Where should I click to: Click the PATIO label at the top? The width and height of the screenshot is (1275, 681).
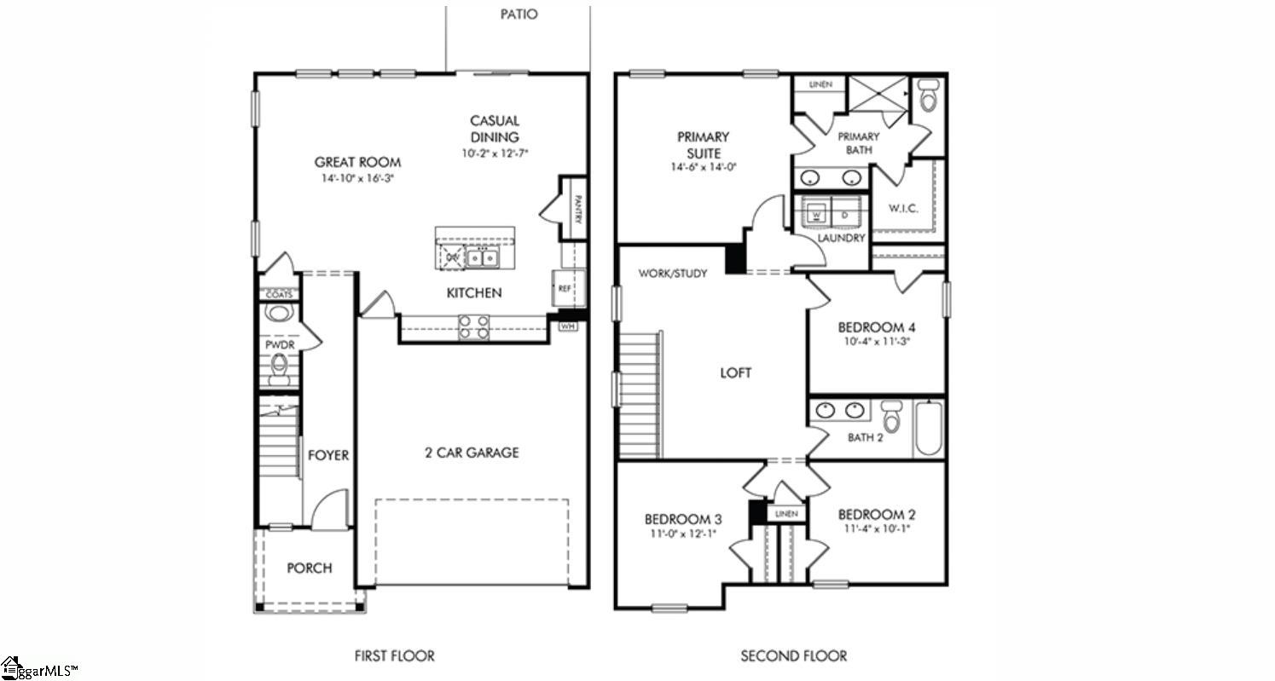[x=519, y=14]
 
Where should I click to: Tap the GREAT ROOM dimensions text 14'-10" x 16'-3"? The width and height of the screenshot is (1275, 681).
[x=357, y=179]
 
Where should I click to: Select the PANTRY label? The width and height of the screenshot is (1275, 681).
[x=577, y=209]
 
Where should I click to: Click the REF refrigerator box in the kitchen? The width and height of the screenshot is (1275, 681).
[x=564, y=288]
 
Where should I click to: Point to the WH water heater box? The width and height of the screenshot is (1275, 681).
[x=567, y=325]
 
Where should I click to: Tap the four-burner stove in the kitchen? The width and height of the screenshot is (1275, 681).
[x=474, y=327]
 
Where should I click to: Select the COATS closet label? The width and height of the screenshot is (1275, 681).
[x=279, y=294]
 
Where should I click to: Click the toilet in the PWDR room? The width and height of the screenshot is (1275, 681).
[x=279, y=367]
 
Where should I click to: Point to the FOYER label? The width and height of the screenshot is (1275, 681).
[x=328, y=455]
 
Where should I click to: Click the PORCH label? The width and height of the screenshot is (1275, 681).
[x=309, y=568]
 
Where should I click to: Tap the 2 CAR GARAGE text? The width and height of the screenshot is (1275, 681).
[x=472, y=453]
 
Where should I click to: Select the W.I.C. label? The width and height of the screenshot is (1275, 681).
[x=903, y=209]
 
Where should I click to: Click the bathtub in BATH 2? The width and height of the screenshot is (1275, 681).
[x=927, y=429]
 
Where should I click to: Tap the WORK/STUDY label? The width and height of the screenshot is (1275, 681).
[x=673, y=274]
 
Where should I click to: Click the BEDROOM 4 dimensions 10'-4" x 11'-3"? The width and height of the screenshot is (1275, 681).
[x=876, y=343]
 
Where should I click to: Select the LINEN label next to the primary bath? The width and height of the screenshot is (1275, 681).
[x=820, y=84]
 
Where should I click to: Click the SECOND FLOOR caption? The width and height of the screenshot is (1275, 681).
[x=793, y=655]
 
